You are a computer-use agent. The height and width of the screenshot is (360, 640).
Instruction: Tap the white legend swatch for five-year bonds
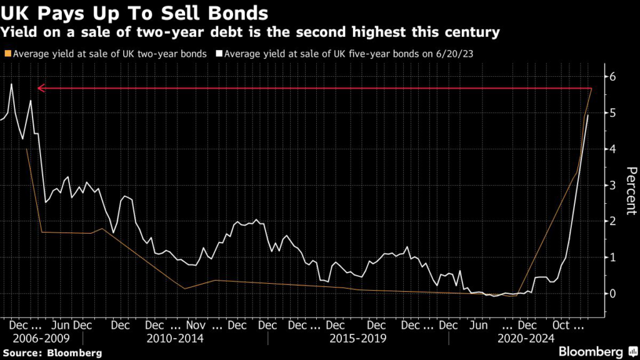pos(218,54)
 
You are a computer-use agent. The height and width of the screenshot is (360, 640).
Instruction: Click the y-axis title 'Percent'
pos(631,191)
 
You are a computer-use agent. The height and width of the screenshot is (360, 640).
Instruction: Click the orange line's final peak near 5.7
pos(591,89)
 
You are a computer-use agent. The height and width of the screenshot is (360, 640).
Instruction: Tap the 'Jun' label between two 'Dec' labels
pos(60,326)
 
